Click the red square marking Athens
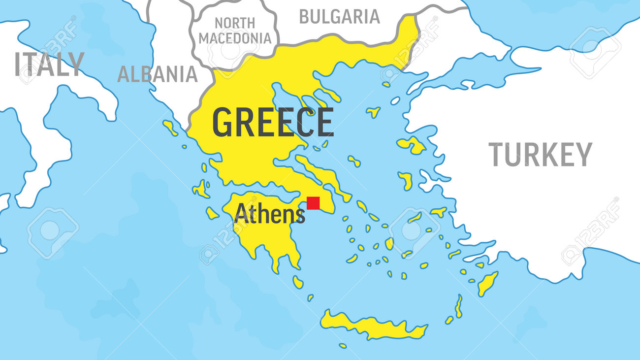(313, 203)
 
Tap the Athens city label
(269, 214)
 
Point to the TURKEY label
(540, 155)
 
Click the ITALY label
(49, 64)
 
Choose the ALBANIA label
(157, 74)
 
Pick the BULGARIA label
(339, 17)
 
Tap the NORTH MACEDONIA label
(235, 31)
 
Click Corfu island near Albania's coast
(170, 128)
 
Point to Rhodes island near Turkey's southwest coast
(487, 284)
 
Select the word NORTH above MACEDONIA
(234, 23)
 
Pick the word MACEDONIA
(235, 38)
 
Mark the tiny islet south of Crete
(342, 346)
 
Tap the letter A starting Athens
(241, 214)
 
